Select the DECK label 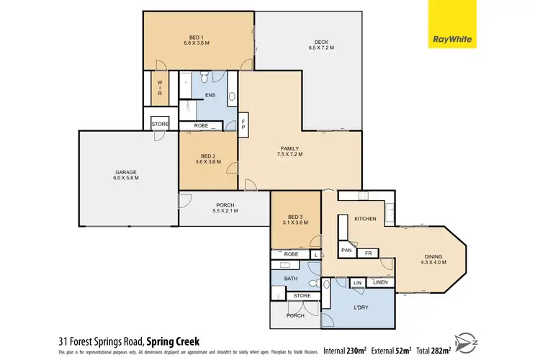(321, 45)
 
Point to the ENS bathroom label (210, 94)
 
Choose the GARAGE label (125, 175)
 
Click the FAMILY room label (289, 151)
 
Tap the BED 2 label (207, 158)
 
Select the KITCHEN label (364, 218)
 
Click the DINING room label (432, 258)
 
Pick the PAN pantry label (346, 251)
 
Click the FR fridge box (367, 253)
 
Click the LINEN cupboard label (381, 282)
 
